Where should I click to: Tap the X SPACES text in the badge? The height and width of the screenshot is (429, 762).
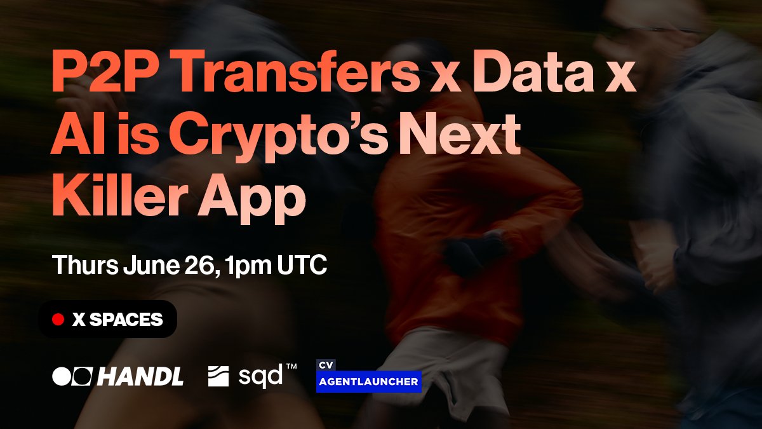pos(117,320)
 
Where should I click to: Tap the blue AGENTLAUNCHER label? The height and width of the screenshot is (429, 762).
pos(369,382)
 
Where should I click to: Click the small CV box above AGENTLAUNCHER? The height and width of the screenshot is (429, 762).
pos(326,365)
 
